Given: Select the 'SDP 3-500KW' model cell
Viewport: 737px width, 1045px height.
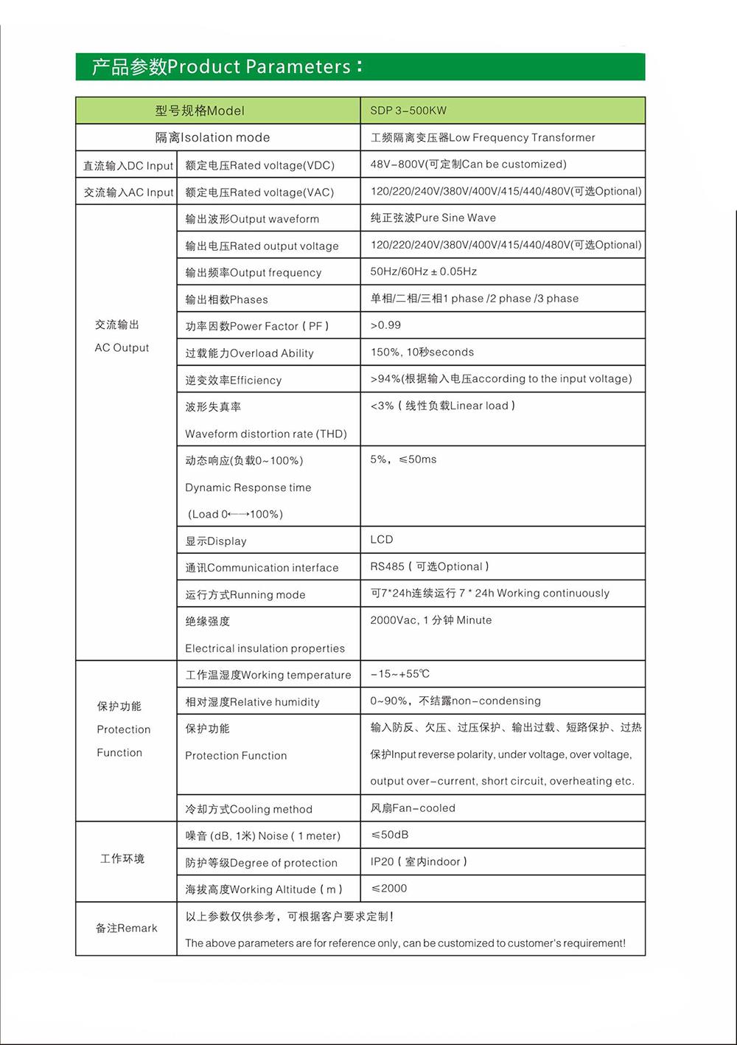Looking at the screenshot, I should (408, 111).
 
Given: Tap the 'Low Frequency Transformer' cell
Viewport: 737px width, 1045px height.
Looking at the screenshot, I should (483, 137).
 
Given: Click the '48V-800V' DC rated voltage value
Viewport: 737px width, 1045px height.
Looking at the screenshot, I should (468, 164).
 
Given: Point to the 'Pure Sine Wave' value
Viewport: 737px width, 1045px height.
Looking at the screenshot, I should (433, 218).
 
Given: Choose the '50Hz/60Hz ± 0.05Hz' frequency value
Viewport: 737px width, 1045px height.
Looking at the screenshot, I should (423, 271).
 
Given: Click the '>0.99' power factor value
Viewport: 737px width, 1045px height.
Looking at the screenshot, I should (385, 325).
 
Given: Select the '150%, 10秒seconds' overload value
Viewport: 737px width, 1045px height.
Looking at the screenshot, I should (422, 353).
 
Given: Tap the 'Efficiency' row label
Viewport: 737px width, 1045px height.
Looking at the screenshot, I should (233, 381).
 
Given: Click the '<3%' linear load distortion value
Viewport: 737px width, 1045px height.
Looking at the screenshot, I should (442, 406).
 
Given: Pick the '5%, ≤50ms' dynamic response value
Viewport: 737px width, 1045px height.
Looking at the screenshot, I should (403, 459).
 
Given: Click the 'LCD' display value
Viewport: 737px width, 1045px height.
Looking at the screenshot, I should (382, 540).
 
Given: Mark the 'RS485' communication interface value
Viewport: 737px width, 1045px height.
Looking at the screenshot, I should (429, 566).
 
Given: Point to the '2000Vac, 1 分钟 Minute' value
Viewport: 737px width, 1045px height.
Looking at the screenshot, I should (430, 620).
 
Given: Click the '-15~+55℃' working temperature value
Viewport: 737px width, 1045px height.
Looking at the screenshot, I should (399, 674).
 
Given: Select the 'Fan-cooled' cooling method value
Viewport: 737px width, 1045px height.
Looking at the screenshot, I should (413, 808).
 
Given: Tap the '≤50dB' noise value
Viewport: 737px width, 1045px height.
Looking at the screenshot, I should (389, 835).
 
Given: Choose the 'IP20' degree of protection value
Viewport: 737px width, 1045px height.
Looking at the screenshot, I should (418, 861).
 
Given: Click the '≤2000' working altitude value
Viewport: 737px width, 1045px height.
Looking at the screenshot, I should (388, 889).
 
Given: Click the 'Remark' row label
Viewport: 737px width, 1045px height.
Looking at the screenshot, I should (126, 928).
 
